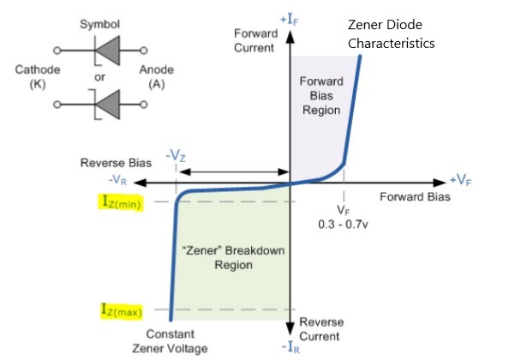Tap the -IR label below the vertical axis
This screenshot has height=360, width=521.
coord(292,346)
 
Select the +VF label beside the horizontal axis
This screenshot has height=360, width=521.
coord(460,181)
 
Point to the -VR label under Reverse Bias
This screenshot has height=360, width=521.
coord(118,182)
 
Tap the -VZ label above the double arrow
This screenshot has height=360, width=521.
coord(177,157)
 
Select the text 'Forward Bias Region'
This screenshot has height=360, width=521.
coord(321,95)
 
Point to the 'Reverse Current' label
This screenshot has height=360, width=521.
coord(321,327)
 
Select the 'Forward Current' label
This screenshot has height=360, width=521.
coord(255,39)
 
